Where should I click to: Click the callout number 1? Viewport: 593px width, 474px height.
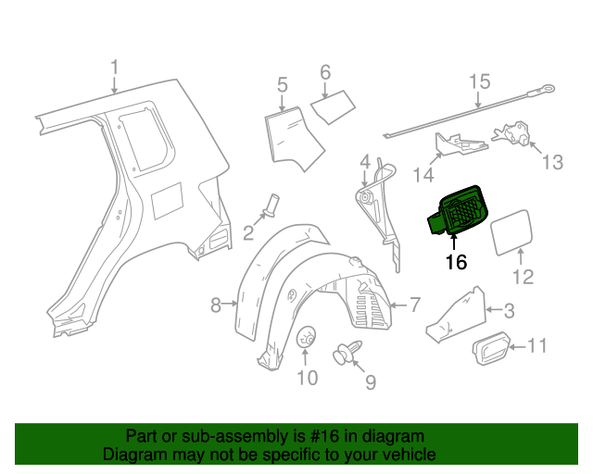click(115, 69)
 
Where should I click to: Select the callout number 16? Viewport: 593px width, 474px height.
click(456, 262)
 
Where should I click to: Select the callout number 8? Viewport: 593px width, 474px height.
click(215, 305)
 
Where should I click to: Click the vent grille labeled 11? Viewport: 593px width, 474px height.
click(493, 350)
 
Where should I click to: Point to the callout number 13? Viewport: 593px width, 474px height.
click(551, 163)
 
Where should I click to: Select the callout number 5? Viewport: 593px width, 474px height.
click(283, 86)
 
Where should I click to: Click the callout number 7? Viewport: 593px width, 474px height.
click(414, 304)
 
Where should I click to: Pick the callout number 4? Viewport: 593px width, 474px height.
click(365, 162)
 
